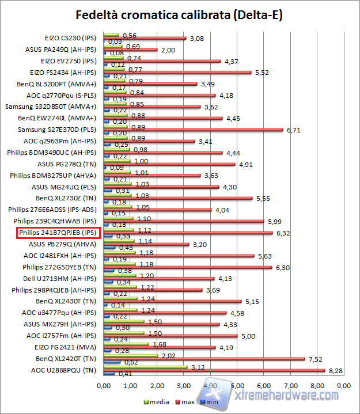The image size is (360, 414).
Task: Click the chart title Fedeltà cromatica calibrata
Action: click(179, 14)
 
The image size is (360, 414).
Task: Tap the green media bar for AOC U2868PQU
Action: click(145, 367)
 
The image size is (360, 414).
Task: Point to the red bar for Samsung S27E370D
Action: click(193, 130)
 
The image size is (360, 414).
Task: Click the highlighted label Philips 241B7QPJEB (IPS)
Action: click(59, 233)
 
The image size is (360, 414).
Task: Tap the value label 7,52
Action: click(314, 359)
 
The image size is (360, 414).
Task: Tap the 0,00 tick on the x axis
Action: click(104, 385)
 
